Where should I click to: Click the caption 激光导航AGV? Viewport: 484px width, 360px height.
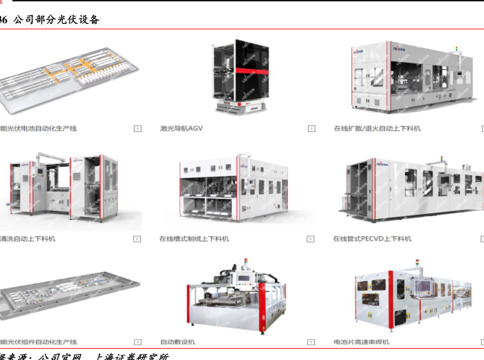181,128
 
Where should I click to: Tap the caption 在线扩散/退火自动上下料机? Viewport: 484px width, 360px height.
377,128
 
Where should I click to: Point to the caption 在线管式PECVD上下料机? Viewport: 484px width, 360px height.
372,239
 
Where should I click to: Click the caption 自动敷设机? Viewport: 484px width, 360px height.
177,341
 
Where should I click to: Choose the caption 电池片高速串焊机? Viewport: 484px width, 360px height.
361,341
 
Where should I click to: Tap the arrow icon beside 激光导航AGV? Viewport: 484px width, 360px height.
311,128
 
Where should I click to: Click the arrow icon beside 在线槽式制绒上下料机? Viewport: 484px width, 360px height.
311,239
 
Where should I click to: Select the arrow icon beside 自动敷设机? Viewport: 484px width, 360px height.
311,341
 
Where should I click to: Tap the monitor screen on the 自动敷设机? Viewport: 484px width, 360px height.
246,280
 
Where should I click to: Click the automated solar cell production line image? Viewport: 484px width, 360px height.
67,78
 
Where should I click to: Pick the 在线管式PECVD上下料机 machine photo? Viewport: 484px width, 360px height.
410,190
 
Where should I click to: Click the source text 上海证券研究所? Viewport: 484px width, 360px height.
131,356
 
